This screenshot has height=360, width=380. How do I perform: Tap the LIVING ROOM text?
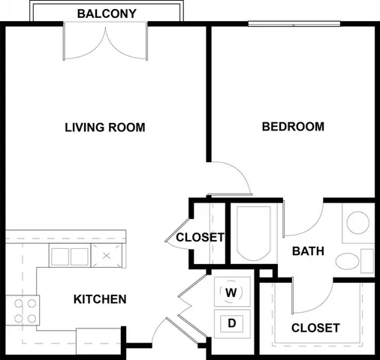(104, 127)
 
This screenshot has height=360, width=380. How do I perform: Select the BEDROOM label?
(293, 126)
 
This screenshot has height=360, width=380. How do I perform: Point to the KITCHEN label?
(99, 299)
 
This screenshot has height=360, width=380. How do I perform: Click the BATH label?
(308, 250)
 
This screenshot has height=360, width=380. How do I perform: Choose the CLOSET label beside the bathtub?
(200, 238)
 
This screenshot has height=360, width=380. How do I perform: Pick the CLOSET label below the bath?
(315, 328)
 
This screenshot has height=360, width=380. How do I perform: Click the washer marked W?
(231, 291)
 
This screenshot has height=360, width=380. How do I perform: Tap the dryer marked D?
(232, 323)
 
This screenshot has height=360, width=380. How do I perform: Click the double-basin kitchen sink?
(69, 256)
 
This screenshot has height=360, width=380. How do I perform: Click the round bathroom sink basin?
(358, 223)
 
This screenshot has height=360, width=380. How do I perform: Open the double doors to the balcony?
(105, 43)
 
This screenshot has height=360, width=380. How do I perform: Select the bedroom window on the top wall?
(294, 23)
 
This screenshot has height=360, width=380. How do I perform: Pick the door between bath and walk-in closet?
(309, 297)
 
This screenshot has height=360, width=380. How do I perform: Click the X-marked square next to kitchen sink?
(107, 256)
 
